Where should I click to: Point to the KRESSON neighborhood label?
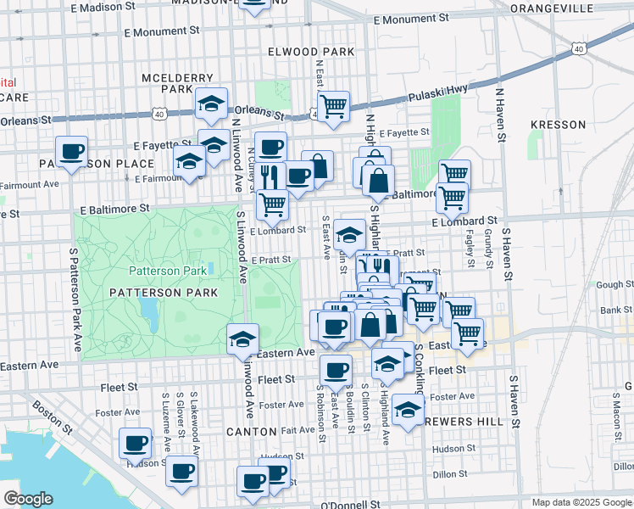pos(558,125)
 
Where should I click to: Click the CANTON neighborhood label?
pos(252,432)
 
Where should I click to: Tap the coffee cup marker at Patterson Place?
pos(72,152)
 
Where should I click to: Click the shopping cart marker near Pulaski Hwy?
pos(334,106)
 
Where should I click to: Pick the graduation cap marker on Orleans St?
pos(211,104)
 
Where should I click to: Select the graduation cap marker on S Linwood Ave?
pos(242,340)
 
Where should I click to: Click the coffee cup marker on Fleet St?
pos(336,370)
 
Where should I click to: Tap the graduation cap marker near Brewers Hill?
pos(408,411)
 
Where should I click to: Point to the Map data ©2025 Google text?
pos(581,502)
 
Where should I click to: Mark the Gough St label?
pos(609,285)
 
